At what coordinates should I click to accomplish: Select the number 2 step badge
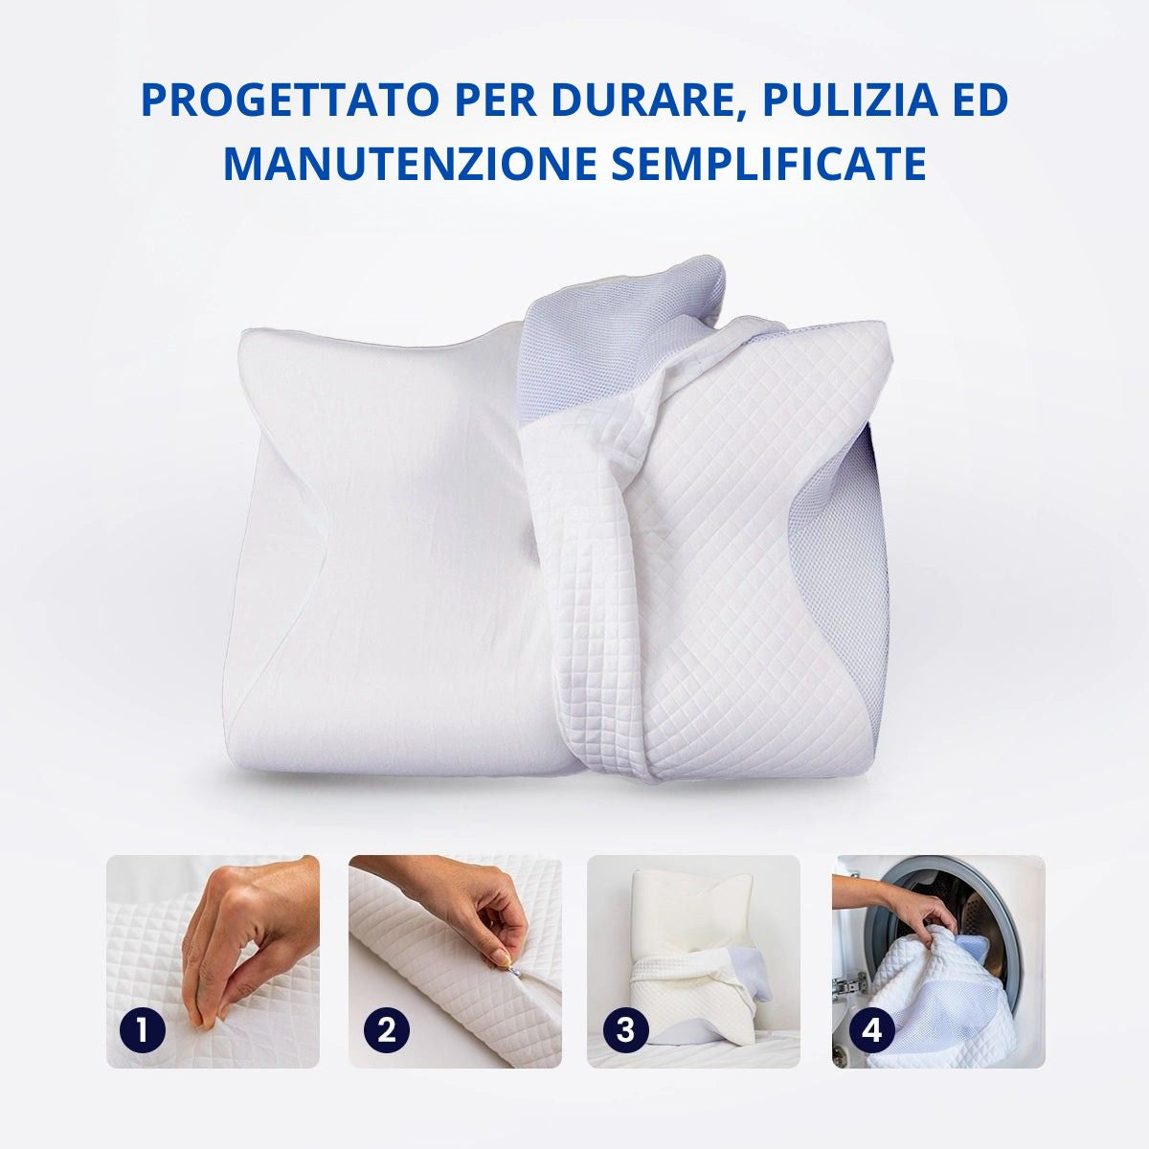point(387,1030)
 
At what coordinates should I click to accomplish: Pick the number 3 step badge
point(625,1030)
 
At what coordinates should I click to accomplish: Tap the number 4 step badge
point(871,1030)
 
